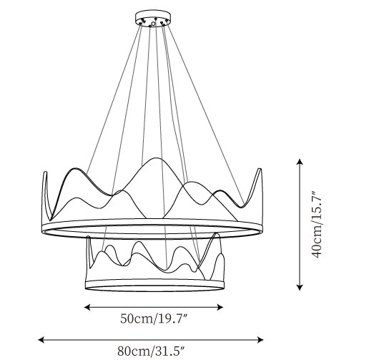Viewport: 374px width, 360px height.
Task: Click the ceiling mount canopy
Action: [x=153, y=18]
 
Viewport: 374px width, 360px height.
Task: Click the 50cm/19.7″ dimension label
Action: [x=154, y=319]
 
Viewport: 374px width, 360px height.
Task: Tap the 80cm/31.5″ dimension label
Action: [x=151, y=351]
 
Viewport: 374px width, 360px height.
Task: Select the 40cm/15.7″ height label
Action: [x=318, y=224]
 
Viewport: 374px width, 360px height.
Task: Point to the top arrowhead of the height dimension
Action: [x=300, y=161]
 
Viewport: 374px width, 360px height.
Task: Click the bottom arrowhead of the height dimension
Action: [x=300, y=287]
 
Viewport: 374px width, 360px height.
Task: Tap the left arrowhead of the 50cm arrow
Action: [x=87, y=307]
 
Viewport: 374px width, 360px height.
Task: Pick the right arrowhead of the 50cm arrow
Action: [x=220, y=307]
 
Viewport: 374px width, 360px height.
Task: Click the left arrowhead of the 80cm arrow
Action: [x=41, y=339]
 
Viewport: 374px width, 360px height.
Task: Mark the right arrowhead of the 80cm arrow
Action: [x=260, y=339]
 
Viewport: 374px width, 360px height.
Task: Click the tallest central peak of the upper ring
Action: [x=156, y=158]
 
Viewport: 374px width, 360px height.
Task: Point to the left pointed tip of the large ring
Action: [x=44, y=172]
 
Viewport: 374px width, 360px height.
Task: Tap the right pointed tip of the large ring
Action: [x=260, y=169]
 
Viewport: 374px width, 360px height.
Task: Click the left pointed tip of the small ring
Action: [x=89, y=237]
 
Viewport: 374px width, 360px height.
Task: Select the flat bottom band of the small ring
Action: [x=154, y=286]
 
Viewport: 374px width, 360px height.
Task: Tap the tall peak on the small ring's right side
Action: [x=217, y=233]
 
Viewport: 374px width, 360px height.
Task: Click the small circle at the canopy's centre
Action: [x=153, y=24]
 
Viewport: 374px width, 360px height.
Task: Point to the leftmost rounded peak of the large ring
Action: [x=75, y=168]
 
